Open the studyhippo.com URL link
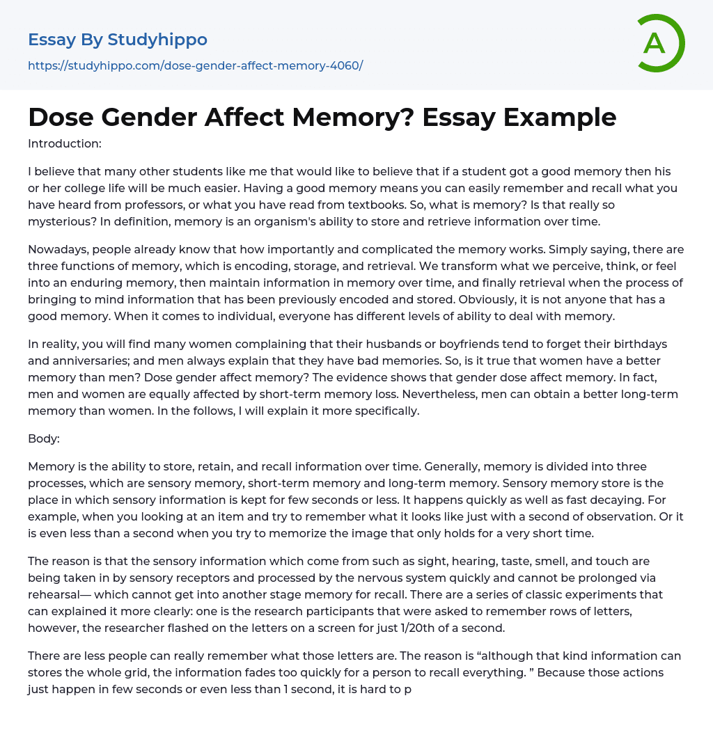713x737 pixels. (x=195, y=65)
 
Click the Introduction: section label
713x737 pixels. (x=65, y=143)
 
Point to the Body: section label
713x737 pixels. (x=45, y=438)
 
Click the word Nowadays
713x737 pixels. (x=57, y=249)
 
